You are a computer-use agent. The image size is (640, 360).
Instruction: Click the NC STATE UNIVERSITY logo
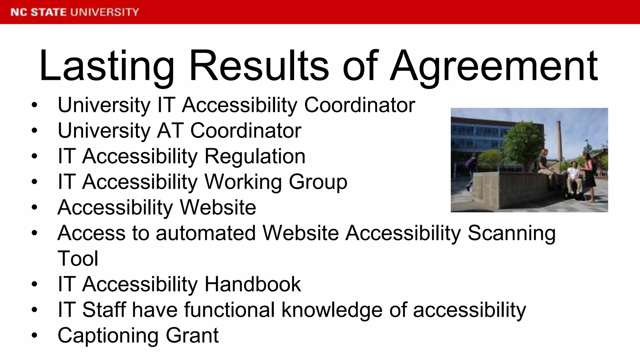[74, 12]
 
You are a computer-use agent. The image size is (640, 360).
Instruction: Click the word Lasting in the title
[106, 66]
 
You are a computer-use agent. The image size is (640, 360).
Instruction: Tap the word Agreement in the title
[494, 66]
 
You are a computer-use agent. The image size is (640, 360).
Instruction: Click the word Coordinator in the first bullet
[359, 105]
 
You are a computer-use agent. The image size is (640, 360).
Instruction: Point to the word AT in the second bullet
[170, 131]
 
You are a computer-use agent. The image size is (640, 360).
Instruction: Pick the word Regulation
[255, 156]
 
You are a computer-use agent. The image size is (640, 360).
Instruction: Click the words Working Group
[276, 182]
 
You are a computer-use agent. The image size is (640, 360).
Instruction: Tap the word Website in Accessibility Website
[218, 207]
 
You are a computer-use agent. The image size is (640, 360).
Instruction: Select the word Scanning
[512, 233]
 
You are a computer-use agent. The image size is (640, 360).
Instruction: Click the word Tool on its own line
[78, 259]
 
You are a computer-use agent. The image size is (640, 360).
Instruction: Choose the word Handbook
[252, 284]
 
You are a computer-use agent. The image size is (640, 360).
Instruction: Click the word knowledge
[332, 310]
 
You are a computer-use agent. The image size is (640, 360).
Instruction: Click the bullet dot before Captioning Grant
[34, 336]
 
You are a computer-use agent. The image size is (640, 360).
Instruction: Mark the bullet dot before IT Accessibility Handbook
[34, 284]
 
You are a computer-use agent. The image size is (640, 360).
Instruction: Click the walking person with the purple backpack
[471, 170]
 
